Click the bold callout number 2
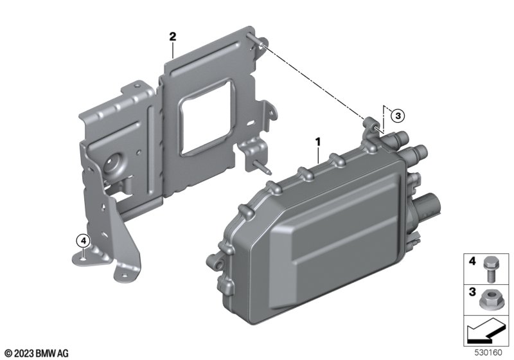pyautogui.click(x=172, y=37)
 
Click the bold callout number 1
pyautogui.click(x=317, y=142)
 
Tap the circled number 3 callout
pyautogui.click(x=398, y=116)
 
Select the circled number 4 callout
pyautogui.click(x=83, y=241)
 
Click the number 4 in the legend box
pyautogui.click(x=472, y=260)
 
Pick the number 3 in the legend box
pyautogui.click(x=472, y=291)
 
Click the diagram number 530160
pyautogui.click(x=488, y=353)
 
